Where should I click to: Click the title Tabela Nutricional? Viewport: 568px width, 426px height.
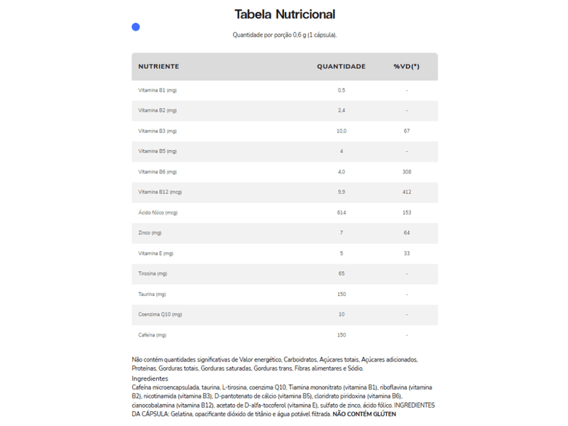(285, 14)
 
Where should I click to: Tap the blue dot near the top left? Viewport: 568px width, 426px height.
(136, 27)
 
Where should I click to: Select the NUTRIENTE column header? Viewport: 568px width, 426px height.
(158, 67)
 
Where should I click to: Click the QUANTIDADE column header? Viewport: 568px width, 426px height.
(341, 67)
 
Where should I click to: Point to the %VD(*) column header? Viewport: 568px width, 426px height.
(406, 67)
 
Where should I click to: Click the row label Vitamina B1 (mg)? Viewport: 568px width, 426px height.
(158, 90)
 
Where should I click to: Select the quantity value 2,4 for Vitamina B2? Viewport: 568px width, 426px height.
(342, 111)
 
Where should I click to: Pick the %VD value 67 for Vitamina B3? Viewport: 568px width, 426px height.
(406, 131)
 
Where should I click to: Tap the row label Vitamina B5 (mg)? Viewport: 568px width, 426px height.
(158, 151)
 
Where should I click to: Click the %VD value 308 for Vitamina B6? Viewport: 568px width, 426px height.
(406, 172)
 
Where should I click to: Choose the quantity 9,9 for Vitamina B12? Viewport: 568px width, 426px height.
(342, 192)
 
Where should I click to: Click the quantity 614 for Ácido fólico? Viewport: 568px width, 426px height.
(342, 213)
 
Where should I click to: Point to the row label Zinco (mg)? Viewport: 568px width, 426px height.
(151, 233)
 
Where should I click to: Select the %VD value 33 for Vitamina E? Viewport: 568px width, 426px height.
(406, 253)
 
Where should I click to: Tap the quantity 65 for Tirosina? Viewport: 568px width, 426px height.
(342, 274)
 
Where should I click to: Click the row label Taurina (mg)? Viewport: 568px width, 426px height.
(152, 294)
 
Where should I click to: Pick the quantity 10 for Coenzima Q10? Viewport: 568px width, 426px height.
(342, 315)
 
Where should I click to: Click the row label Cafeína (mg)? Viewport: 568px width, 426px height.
(153, 335)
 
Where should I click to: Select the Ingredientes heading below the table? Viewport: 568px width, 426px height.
(149, 378)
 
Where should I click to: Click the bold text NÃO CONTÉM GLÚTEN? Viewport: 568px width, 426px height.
(364, 414)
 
